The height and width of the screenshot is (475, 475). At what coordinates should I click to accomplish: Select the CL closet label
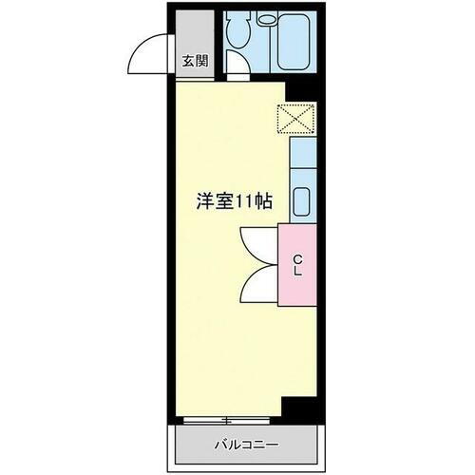(297, 265)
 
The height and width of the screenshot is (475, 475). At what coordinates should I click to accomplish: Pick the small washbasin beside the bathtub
(266, 17)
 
